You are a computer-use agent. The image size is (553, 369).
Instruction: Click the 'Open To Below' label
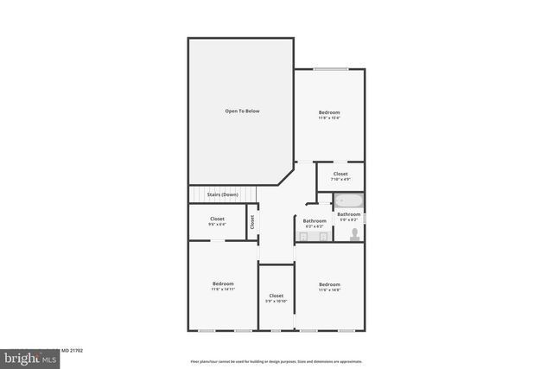pos(242,111)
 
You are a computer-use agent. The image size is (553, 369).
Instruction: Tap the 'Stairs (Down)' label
pos(222,194)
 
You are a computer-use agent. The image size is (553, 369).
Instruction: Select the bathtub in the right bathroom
pos(348,202)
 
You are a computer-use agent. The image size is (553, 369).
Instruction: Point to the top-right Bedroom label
pos(329,112)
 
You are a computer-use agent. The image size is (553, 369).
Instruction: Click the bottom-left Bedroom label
pos(223,283)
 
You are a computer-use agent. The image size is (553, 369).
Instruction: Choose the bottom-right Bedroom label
pos(329,284)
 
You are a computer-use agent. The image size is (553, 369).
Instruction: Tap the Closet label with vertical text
pos(252,221)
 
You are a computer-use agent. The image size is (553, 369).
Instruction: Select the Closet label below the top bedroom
pos(340,174)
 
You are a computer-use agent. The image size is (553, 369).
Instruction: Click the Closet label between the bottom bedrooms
pos(276,296)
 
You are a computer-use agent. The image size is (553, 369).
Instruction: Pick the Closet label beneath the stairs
pos(217,219)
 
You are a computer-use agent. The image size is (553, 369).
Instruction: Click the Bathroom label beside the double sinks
pos(315,220)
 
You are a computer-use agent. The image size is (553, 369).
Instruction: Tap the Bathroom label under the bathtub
pos(348,214)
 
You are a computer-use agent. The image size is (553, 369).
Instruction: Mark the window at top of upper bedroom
pos(330,69)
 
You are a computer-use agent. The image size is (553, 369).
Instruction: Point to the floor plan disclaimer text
pos(276,361)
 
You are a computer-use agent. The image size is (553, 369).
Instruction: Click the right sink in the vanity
pos(324,235)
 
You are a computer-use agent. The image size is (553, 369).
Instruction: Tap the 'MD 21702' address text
pos(71,351)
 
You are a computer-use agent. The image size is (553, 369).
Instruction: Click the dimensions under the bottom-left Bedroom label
pos(223,289)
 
